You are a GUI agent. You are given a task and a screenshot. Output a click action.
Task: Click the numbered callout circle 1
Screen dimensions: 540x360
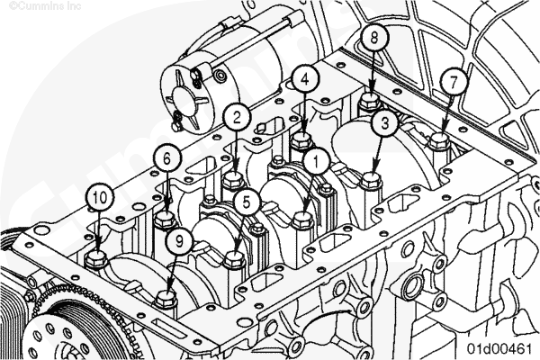[316, 162]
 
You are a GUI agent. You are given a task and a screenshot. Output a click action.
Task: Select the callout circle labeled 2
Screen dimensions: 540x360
[237, 118]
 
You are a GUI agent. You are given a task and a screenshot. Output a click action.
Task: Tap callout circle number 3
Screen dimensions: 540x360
[385, 123]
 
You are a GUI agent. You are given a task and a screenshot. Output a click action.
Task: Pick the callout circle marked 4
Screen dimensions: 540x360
[305, 79]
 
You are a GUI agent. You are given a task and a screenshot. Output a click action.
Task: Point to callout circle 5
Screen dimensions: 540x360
[247, 202]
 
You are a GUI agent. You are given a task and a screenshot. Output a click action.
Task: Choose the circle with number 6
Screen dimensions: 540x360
[167, 158]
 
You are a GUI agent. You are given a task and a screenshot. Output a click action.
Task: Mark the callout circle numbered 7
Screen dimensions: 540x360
[454, 82]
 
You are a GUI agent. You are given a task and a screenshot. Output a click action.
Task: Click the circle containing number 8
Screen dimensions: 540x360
[374, 37]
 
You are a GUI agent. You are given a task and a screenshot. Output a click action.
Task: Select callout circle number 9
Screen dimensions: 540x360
[179, 241]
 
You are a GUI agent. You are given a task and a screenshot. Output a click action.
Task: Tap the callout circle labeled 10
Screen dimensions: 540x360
[99, 197]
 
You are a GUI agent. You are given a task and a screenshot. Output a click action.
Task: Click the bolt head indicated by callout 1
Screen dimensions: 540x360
[302, 220]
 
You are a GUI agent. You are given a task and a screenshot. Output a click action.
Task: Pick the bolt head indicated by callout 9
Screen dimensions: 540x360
[166, 299]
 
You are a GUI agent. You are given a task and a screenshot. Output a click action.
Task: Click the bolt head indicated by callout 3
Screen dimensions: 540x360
[371, 180]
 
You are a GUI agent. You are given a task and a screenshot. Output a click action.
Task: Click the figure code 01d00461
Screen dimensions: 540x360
[499, 348]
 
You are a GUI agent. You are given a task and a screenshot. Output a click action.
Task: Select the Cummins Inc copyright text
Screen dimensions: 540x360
[45, 6]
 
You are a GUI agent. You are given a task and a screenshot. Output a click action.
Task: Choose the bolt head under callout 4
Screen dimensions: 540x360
[302, 141]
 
